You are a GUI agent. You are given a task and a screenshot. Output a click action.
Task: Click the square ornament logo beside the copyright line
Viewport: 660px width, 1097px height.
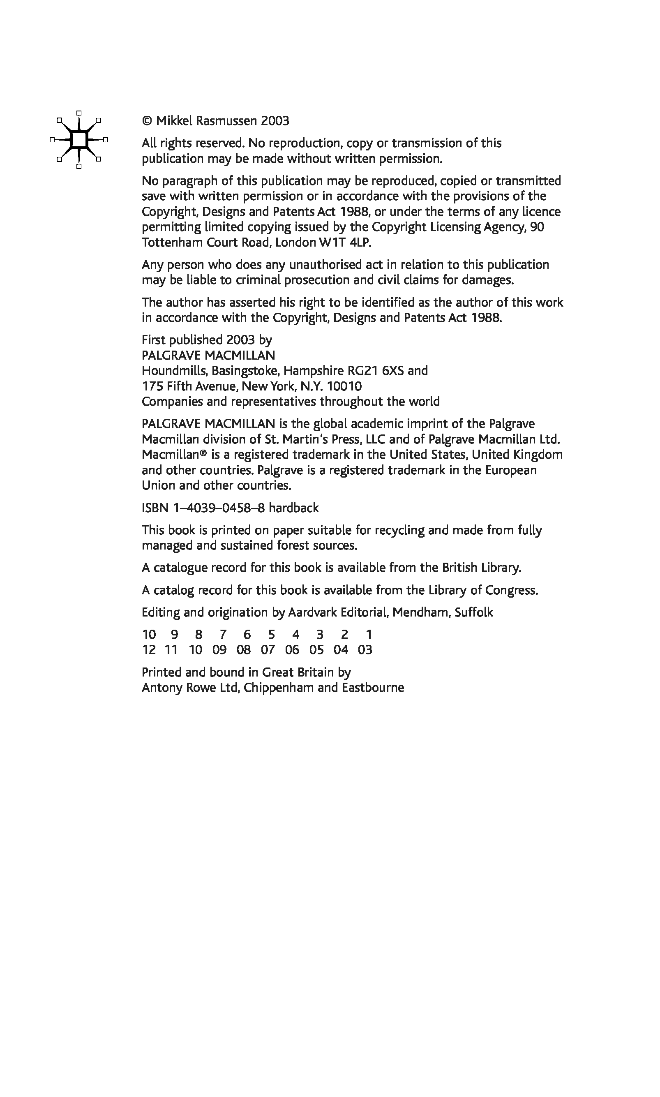pos(79,140)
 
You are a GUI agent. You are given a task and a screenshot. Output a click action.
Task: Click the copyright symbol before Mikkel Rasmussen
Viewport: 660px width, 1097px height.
pos(147,121)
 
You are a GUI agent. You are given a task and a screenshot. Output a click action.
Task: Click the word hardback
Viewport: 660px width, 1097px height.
pos(293,508)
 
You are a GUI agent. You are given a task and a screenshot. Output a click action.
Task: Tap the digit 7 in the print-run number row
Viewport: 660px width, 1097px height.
pos(223,635)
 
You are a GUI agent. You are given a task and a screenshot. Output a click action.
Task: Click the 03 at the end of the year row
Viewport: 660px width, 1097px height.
pos(365,650)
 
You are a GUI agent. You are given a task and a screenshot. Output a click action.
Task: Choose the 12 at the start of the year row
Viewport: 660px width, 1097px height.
pos(149,650)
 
